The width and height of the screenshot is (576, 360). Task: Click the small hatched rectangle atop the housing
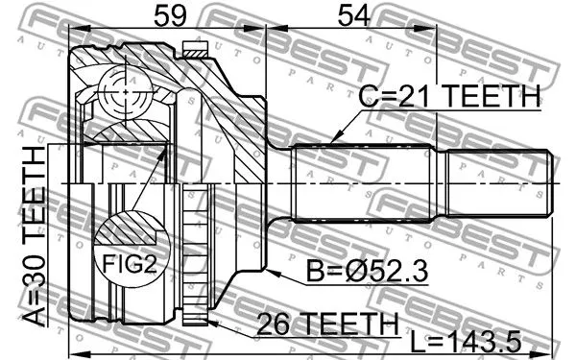[x=195, y=52]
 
